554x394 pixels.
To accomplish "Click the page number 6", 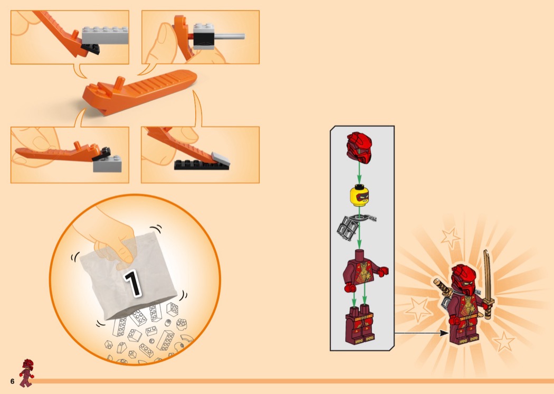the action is point(12,381).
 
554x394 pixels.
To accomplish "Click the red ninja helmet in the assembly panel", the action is point(359,147).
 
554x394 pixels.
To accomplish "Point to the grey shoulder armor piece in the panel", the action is point(354,226).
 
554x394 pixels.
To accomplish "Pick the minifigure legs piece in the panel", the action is point(360,325).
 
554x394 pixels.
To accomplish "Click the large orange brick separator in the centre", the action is point(140,91).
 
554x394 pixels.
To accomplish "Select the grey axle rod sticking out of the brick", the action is point(230,36).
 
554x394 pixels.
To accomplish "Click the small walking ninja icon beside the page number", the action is point(26,373).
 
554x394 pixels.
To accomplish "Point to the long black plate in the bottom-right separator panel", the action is point(202,165).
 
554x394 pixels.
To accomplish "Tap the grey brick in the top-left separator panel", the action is point(105,35).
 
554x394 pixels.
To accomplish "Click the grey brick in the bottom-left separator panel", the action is point(108,163).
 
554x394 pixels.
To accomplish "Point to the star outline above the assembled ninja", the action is point(451,237).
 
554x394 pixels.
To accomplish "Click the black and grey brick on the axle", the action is point(204,36).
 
